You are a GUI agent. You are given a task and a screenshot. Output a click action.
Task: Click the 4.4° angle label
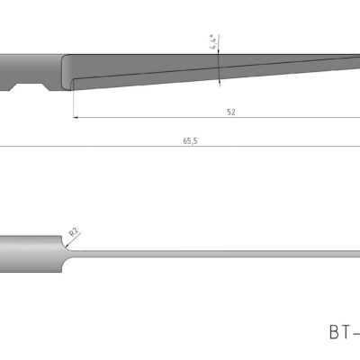213,42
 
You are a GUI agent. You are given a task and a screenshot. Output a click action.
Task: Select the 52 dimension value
231,112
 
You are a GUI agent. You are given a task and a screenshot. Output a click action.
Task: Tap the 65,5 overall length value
190,141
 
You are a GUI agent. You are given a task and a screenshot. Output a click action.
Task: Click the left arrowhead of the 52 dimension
77,117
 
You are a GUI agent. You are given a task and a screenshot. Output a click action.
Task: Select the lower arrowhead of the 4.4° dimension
219,82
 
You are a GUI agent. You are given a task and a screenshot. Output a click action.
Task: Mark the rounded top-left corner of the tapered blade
64,59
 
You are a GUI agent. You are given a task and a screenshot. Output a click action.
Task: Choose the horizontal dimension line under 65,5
135,147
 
